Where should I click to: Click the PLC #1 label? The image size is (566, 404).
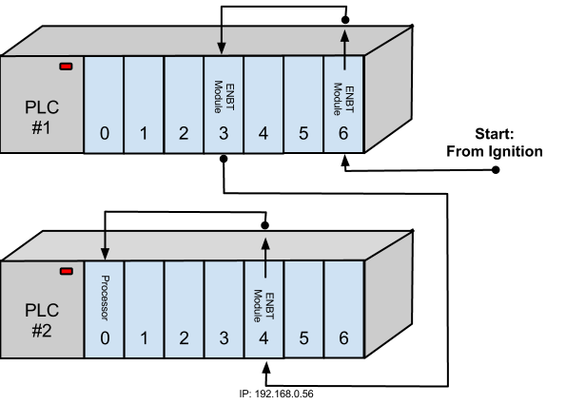pyautogui.click(x=41, y=113)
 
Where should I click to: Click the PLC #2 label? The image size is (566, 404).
pyautogui.click(x=41, y=317)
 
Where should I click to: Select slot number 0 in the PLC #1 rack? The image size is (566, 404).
pyautogui.click(x=104, y=134)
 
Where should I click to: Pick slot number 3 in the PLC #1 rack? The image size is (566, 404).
pyautogui.click(x=224, y=134)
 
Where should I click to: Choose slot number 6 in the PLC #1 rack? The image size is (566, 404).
pyautogui.click(x=343, y=134)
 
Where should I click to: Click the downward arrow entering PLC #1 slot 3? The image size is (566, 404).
pyautogui.click(x=223, y=38)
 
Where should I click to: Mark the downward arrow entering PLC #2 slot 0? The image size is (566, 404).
pyautogui.click(x=104, y=244)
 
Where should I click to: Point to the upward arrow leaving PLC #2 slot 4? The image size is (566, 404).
pyautogui.click(x=264, y=252)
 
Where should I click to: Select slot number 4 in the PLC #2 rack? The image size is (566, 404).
pyautogui.click(x=263, y=338)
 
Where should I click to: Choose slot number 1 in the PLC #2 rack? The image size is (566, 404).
pyautogui.click(x=144, y=338)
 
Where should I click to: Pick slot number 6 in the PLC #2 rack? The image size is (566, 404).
pyautogui.click(x=343, y=338)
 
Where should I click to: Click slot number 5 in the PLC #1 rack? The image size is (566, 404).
pyautogui.click(x=303, y=134)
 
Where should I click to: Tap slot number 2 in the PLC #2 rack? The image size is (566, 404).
pyautogui.click(x=184, y=338)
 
